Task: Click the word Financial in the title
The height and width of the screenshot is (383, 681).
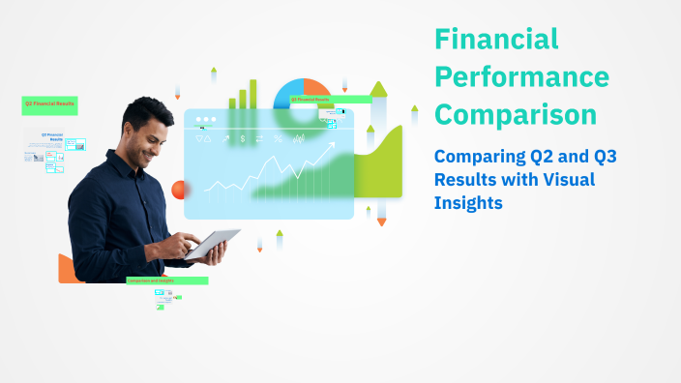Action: [x=496, y=40]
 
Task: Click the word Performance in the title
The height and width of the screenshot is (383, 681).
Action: [x=521, y=76]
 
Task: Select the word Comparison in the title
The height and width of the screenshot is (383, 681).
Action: [x=516, y=114]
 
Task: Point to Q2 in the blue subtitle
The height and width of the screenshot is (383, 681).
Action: [x=548, y=156]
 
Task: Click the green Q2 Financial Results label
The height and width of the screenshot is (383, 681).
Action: [x=49, y=103]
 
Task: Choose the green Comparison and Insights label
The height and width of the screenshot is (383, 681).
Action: [x=166, y=280]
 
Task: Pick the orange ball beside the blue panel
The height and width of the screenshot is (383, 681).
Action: [x=178, y=190]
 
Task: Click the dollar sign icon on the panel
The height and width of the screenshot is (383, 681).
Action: [x=243, y=139]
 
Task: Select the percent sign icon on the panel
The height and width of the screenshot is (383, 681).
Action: [x=278, y=139]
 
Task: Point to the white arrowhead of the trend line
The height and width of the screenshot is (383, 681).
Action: [x=332, y=146]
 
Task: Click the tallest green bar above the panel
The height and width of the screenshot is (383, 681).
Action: [x=253, y=93]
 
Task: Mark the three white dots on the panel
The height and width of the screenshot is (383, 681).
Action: [x=205, y=121]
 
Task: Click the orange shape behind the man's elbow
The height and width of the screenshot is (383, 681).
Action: [x=67, y=271]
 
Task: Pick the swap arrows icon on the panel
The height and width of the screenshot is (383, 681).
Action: [x=260, y=139]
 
